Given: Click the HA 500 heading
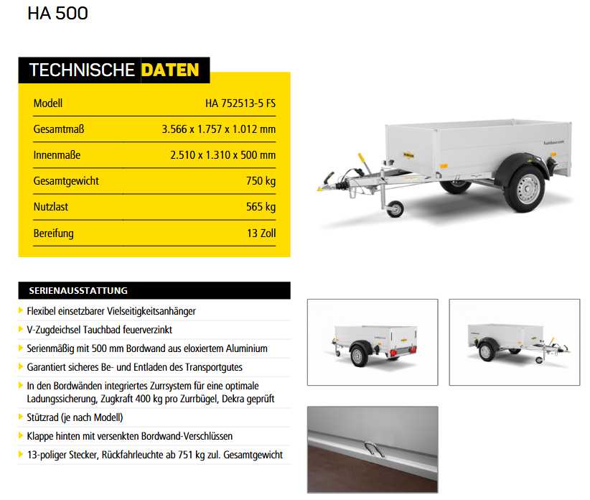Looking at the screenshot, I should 57,14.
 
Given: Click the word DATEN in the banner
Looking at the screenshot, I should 170,70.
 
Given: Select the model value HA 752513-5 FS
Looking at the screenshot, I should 240,103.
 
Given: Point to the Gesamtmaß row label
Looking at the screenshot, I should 59,129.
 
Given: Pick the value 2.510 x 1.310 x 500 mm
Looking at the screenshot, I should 223,155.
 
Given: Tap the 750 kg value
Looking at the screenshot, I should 261,181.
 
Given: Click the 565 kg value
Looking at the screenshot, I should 261,207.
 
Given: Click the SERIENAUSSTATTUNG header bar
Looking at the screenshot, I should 154,291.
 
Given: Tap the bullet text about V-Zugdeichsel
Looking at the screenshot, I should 99,330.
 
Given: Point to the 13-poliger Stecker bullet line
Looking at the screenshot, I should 154,455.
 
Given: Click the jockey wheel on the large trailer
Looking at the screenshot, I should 394,209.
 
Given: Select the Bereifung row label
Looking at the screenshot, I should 53,233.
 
